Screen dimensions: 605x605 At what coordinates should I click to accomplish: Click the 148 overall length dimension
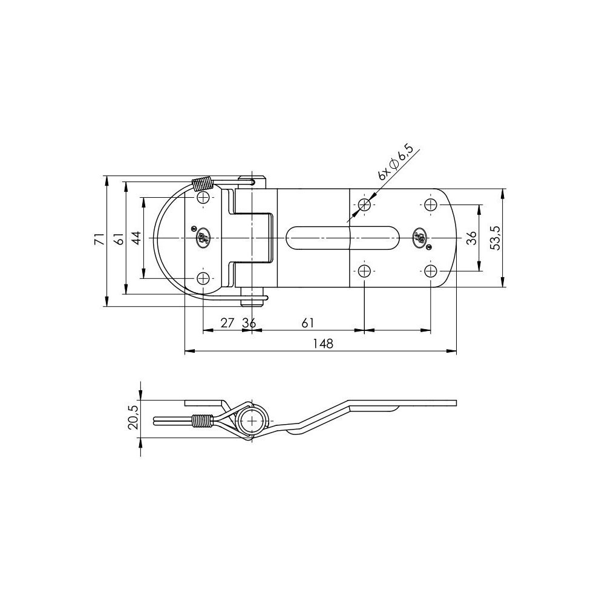[324, 344]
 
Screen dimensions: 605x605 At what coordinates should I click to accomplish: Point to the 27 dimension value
[227, 323]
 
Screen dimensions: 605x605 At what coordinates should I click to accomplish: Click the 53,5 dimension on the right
[496, 239]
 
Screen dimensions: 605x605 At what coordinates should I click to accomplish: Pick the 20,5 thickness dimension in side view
[134, 417]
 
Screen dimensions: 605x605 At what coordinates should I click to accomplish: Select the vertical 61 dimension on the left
[119, 239]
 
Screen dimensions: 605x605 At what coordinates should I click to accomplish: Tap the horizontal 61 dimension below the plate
[307, 323]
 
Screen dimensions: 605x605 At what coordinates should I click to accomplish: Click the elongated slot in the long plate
[343, 238]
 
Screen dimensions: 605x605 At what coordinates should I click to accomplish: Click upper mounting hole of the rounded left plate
[203, 199]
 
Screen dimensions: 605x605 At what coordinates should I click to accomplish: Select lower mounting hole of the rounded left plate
[203, 278]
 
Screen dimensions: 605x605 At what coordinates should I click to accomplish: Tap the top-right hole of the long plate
[430, 205]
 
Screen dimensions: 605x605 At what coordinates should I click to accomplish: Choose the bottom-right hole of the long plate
[430, 270]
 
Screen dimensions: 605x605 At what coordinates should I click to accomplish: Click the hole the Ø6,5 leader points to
[364, 205]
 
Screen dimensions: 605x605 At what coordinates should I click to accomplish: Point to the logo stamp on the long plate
[418, 237]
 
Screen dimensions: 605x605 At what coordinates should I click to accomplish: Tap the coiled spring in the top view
[201, 184]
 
